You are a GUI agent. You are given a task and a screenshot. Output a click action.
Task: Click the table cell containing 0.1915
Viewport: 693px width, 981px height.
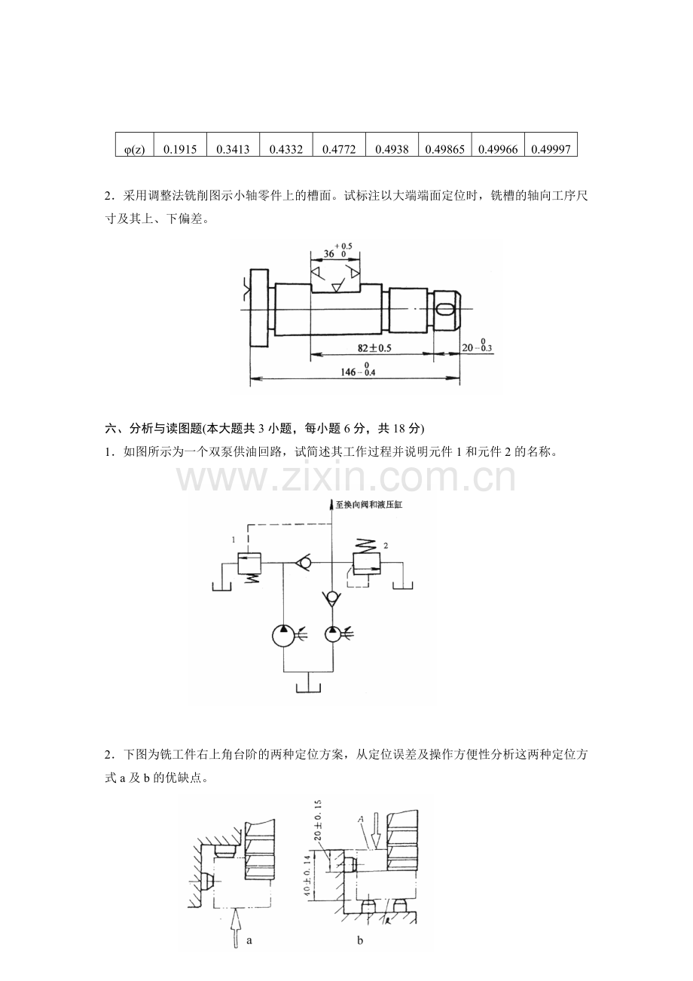(x=180, y=145)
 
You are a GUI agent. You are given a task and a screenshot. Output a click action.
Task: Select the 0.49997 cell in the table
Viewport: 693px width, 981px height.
(x=551, y=145)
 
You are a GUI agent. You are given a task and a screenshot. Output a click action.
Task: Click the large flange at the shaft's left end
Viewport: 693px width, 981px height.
(x=258, y=308)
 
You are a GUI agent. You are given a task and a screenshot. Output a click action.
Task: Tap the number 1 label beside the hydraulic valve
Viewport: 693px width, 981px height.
(x=234, y=540)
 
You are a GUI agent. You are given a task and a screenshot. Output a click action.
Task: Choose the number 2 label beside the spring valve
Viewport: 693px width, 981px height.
(x=386, y=546)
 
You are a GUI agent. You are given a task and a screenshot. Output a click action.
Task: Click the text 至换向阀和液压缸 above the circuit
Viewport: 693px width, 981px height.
(x=368, y=505)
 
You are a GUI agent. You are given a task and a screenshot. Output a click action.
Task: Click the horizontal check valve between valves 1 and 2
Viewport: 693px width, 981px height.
(x=303, y=562)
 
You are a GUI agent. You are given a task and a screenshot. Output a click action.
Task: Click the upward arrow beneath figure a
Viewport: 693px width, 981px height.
(x=236, y=928)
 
